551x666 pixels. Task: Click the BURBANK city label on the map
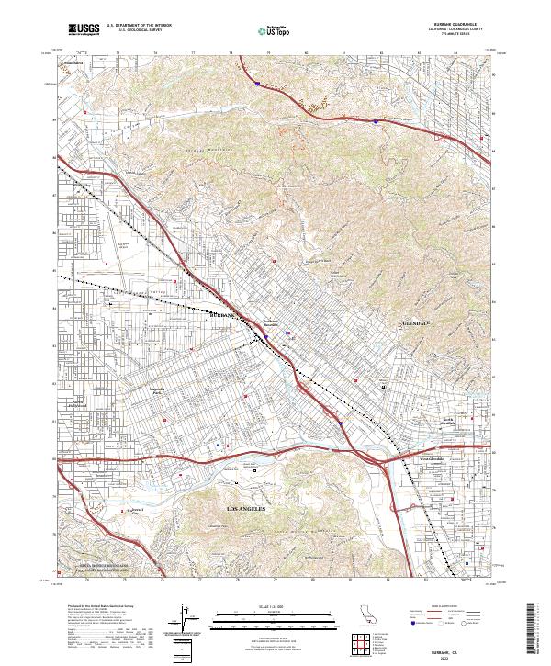(x=223, y=315)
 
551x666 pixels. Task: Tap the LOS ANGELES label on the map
(x=246, y=507)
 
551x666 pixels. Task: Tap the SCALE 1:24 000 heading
(x=275, y=604)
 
